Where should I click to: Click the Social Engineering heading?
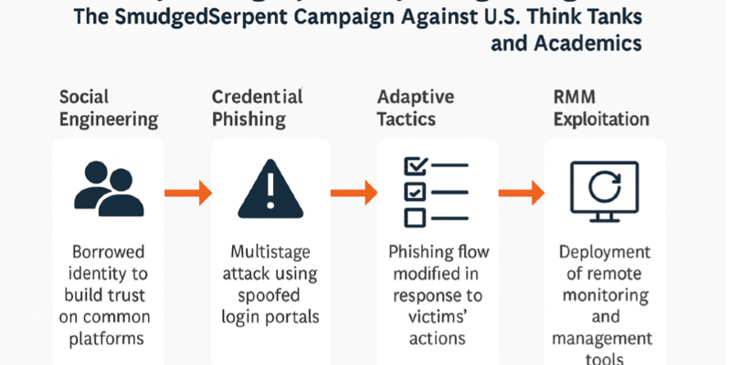pyautogui.click(x=108, y=108)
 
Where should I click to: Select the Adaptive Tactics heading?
pyautogui.click(x=421, y=108)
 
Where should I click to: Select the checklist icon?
pyautogui.click(x=433, y=192)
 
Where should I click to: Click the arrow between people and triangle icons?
pyautogui.click(x=187, y=193)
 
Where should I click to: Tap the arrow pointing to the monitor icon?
pyautogui.click(x=521, y=193)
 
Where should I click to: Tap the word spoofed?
pyautogui.click(x=268, y=296)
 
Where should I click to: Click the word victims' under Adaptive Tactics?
pyautogui.click(x=428, y=317)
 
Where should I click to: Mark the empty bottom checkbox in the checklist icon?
pyautogui.click(x=415, y=216)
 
